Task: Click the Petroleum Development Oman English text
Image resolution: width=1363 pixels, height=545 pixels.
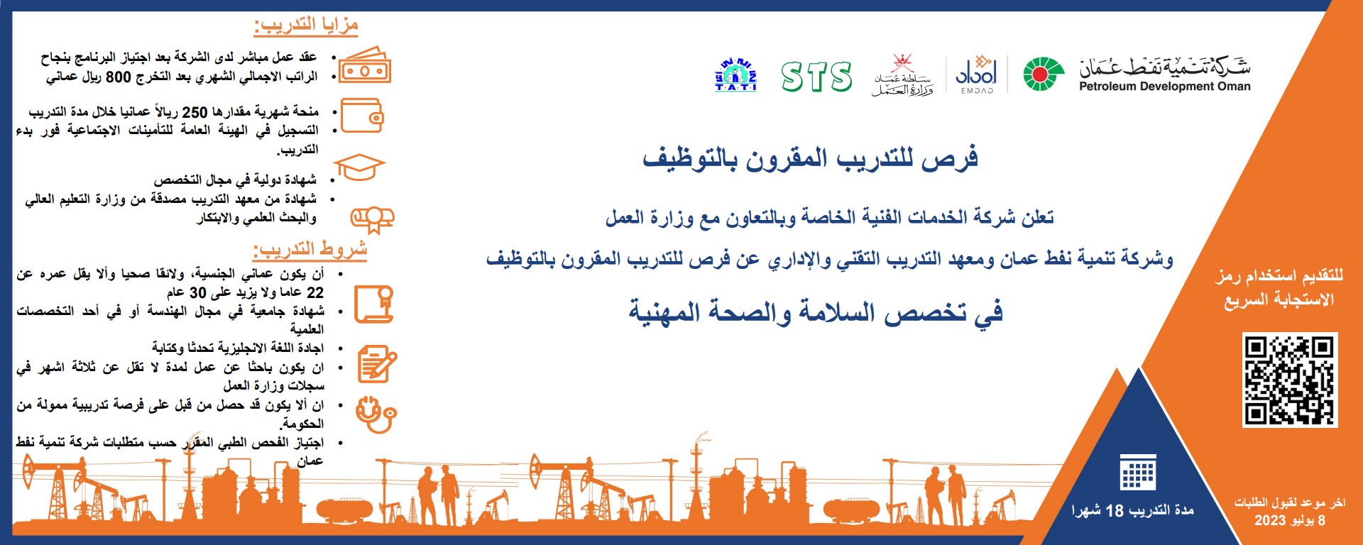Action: (x=1164, y=87)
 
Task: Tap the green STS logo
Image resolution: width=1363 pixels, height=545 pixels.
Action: (x=816, y=77)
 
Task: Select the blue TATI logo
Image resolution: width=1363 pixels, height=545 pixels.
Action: (x=735, y=75)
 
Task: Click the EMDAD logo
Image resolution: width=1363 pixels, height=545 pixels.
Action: (x=977, y=74)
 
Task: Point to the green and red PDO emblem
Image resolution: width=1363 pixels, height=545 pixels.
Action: (x=1044, y=75)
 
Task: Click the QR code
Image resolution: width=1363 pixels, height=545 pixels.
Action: (x=1290, y=380)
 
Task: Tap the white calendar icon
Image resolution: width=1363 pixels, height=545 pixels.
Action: (x=1138, y=473)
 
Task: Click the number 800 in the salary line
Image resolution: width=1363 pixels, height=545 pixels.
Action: (x=118, y=77)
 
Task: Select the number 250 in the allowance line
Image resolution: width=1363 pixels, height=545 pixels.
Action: (x=195, y=112)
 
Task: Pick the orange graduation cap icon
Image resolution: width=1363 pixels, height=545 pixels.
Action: (x=359, y=168)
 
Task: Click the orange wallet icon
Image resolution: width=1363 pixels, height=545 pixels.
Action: (x=362, y=116)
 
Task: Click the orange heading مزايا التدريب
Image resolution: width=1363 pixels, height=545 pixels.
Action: (x=306, y=26)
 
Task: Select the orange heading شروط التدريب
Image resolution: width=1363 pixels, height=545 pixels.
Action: (x=310, y=250)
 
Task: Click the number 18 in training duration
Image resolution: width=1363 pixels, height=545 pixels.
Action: (x=1115, y=510)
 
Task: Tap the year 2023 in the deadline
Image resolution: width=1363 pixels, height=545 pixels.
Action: (x=1270, y=520)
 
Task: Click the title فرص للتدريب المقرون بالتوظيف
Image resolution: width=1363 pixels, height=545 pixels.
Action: (x=810, y=158)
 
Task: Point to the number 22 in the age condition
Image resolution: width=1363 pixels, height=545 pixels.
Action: (x=315, y=292)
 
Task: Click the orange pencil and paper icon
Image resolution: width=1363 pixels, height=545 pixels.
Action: (x=377, y=364)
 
